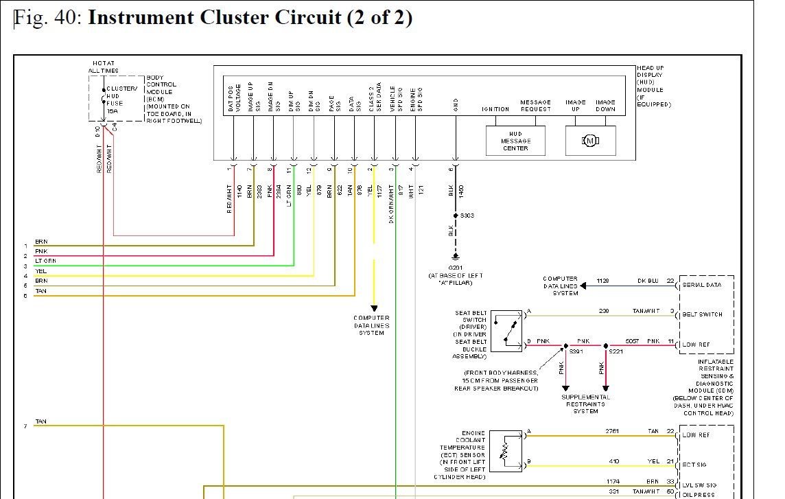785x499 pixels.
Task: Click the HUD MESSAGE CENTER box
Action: pyautogui.click(x=515, y=141)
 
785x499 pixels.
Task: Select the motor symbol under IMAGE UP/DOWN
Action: pyautogui.click(x=590, y=141)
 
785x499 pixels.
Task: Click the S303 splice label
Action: pyautogui.click(x=467, y=216)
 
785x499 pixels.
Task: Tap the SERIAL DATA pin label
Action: pyautogui.click(x=701, y=284)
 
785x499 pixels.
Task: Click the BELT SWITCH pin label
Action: pyautogui.click(x=701, y=314)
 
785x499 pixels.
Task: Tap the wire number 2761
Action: pyautogui.click(x=612, y=432)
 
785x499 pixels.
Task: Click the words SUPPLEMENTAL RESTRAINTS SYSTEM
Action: pyautogui.click(x=586, y=404)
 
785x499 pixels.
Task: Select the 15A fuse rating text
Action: pyautogui.click(x=113, y=111)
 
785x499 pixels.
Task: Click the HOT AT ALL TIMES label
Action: pyautogui.click(x=103, y=67)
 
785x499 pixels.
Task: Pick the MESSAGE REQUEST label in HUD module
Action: pyautogui.click(x=535, y=106)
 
